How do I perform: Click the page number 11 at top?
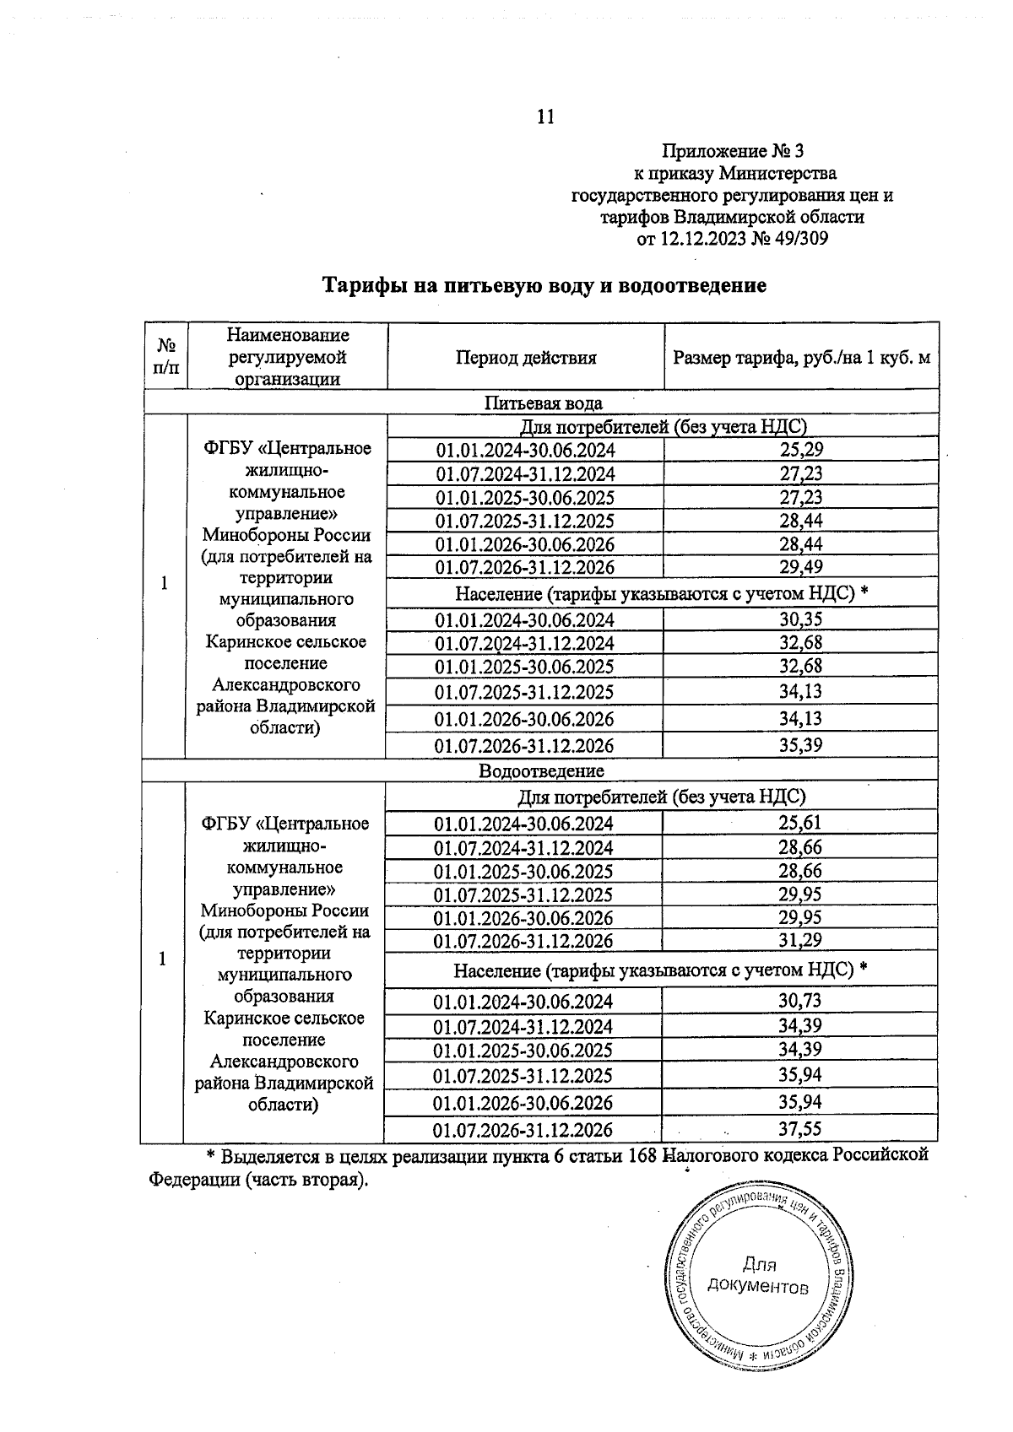(x=545, y=116)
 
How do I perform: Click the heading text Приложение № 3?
(x=732, y=152)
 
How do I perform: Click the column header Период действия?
(x=526, y=357)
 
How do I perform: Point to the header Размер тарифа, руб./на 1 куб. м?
(x=801, y=357)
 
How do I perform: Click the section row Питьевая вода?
(x=543, y=403)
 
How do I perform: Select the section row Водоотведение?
(x=541, y=770)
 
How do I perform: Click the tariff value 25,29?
(x=800, y=450)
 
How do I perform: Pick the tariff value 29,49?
(x=800, y=567)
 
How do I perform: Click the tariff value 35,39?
(x=800, y=745)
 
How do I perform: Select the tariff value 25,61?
(x=799, y=824)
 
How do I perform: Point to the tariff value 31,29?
(x=799, y=940)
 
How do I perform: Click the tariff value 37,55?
(x=799, y=1129)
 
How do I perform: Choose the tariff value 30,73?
(x=799, y=1002)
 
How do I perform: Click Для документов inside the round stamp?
(x=757, y=1275)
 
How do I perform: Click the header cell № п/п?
(x=165, y=357)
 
